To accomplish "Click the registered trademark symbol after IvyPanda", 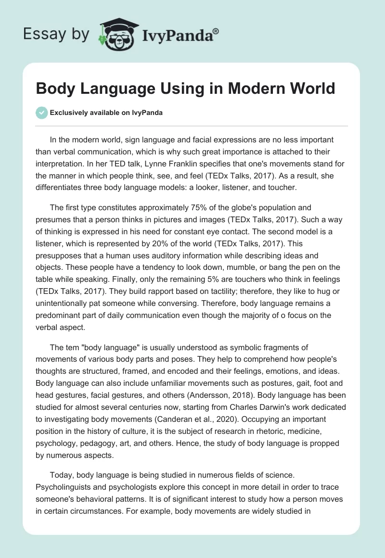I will [x=216, y=31].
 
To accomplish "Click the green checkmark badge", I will [x=41, y=113].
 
